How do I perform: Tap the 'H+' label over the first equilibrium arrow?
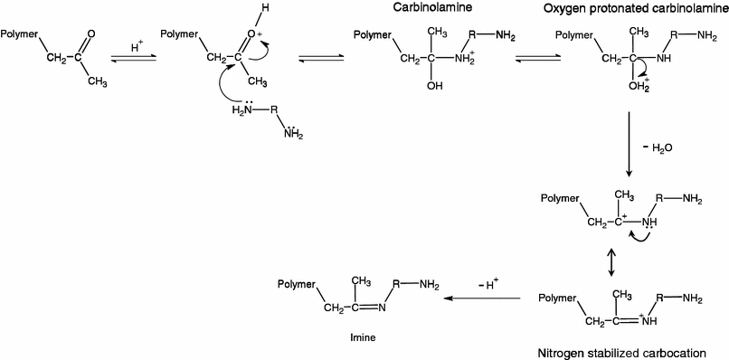135,43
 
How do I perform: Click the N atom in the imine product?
383,309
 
